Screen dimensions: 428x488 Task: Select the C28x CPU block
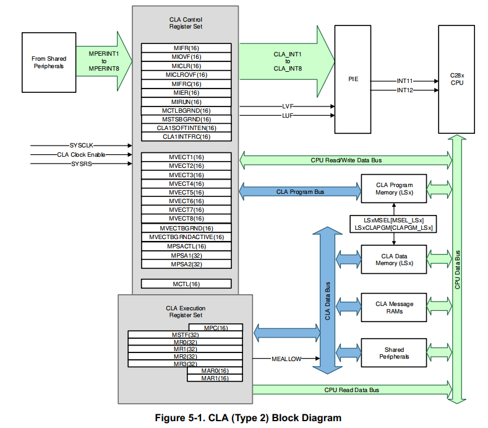[x=457, y=79]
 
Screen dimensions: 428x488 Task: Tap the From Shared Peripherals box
[x=49, y=63]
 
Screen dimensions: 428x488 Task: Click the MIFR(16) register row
[x=186, y=48]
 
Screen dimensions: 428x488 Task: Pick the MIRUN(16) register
[x=186, y=102]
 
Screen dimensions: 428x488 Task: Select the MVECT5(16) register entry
[x=186, y=192]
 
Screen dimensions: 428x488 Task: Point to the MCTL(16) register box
[x=186, y=284]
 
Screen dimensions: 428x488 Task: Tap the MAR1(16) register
[x=215, y=378]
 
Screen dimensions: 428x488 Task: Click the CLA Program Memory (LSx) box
[x=395, y=189]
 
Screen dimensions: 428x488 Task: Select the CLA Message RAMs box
[x=395, y=308]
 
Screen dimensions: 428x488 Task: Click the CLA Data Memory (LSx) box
[x=395, y=260]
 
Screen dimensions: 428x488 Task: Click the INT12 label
[x=405, y=90]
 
